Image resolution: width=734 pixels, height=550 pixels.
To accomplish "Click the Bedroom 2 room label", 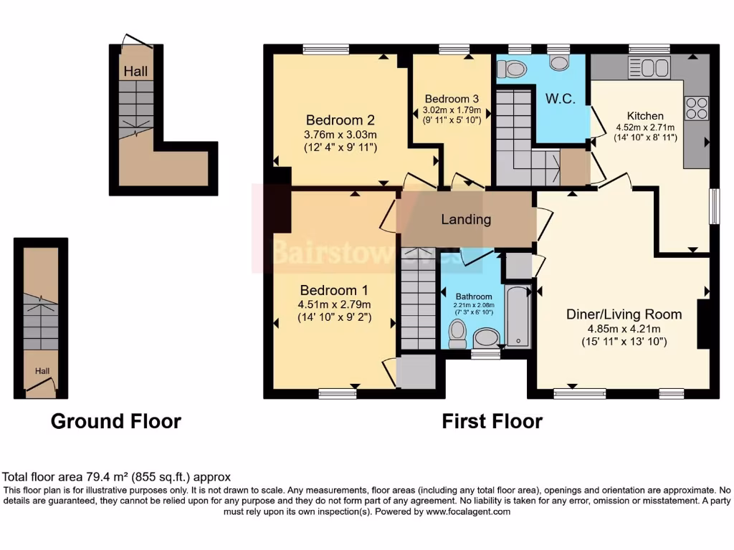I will pyautogui.click(x=340, y=120).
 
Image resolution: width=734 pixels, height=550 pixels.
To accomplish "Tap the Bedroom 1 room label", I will pyautogui.click(x=334, y=290).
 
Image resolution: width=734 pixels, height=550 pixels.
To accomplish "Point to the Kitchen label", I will pyautogui.click(x=645, y=115).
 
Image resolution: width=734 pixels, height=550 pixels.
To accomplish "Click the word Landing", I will pyautogui.click(x=466, y=219).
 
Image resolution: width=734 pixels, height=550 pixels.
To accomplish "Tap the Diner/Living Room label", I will pyautogui.click(x=624, y=314).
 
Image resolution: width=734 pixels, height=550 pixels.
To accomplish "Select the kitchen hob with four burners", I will pyautogui.click(x=697, y=108).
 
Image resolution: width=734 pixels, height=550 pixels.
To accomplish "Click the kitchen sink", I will pyautogui.click(x=649, y=69).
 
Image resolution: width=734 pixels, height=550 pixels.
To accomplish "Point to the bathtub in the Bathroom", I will pyautogui.click(x=518, y=316).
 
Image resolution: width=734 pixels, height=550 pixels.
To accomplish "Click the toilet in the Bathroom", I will pyautogui.click(x=457, y=333).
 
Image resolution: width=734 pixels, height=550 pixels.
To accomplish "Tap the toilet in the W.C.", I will pyautogui.click(x=510, y=69).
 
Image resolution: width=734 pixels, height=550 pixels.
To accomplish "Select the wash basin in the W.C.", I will pyautogui.click(x=559, y=62).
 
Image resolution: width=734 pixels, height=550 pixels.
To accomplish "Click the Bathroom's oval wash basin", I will pyautogui.click(x=487, y=338).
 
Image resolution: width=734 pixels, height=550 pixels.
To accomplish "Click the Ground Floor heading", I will pyautogui.click(x=115, y=421).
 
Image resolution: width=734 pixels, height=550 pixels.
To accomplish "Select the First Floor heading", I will pyautogui.click(x=492, y=421).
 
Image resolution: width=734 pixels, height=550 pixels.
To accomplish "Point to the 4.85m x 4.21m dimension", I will pyautogui.click(x=624, y=329).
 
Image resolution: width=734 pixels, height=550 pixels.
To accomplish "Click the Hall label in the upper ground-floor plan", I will pyautogui.click(x=135, y=71).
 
